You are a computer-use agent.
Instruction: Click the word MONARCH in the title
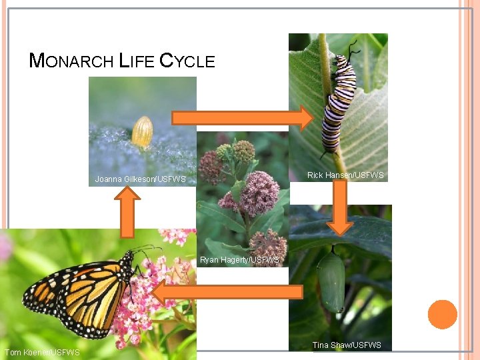[72, 61]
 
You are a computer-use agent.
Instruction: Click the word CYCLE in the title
[188, 61]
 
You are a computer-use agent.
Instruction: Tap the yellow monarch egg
[142, 132]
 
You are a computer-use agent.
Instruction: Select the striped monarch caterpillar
[337, 103]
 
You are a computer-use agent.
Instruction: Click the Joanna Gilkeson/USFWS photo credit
[140, 179]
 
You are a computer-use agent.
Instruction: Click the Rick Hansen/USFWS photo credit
[345, 175]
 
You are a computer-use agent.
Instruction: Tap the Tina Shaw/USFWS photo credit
[347, 345]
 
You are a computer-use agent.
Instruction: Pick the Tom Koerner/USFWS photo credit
[42, 352]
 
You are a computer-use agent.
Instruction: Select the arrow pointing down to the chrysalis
[340, 207]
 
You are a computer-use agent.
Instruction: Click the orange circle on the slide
[442, 314]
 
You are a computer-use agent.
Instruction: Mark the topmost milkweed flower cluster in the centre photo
[243, 151]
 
